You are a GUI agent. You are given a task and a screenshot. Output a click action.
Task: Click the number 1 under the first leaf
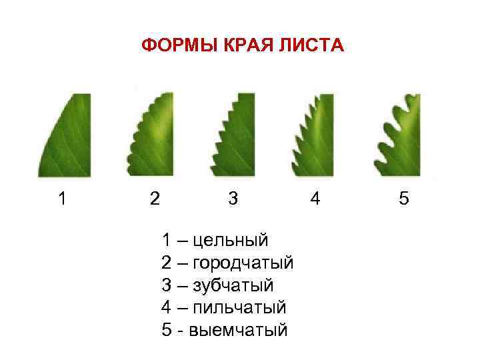click(62, 199)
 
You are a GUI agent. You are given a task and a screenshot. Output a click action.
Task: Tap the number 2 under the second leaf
click(155, 199)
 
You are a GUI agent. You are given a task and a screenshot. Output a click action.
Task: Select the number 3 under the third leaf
click(233, 199)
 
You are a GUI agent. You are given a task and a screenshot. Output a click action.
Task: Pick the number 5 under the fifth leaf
click(404, 199)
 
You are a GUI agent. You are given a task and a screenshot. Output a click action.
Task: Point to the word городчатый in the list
click(243, 263)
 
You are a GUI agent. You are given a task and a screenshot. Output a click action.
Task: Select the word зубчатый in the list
click(233, 285)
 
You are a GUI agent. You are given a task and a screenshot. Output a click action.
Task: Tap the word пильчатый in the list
click(239, 307)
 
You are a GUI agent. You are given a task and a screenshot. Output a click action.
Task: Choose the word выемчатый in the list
click(239, 330)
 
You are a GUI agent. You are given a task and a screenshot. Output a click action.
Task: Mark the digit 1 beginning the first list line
click(167, 239)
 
